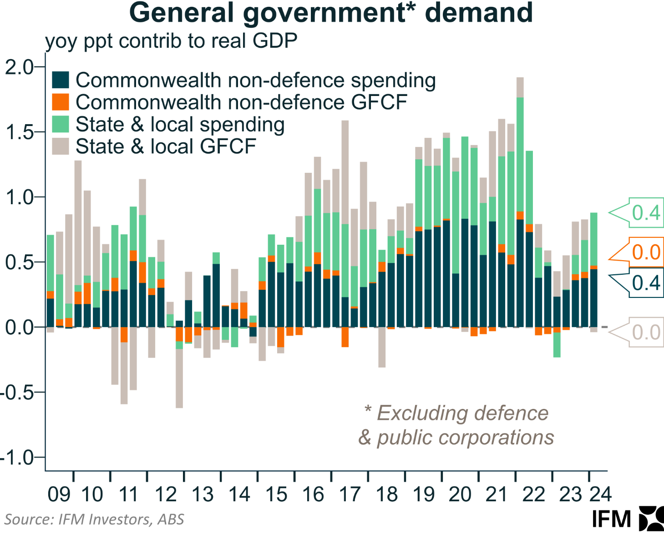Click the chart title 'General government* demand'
pos(331,13)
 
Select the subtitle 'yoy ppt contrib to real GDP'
pos(171,41)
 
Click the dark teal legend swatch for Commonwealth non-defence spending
pos(61,80)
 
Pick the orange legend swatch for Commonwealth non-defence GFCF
pos(61,102)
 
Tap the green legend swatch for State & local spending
pos(61,124)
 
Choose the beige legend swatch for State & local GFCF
pos(61,146)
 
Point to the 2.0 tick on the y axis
pos(19,67)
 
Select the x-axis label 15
pos(276,494)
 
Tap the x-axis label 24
pos(600,494)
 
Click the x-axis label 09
pos(59,494)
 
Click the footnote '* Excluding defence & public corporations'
pos(456,425)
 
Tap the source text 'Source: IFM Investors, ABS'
pos(94,519)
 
